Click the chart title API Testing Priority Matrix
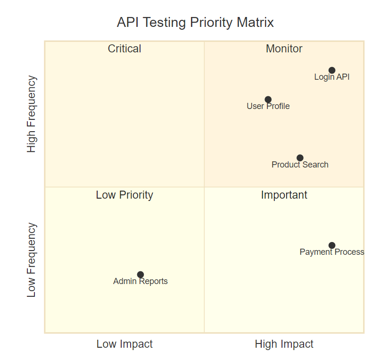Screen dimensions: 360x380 (x=195, y=23)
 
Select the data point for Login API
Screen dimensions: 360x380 (x=332, y=70)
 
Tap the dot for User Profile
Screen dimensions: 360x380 (x=268, y=100)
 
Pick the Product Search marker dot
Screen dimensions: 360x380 (x=300, y=158)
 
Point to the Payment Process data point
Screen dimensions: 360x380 (x=332, y=245)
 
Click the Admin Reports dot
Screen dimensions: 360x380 (x=140, y=275)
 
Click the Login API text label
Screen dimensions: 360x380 (x=332, y=77)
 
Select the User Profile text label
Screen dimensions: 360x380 (x=268, y=106)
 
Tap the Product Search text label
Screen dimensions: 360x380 (x=300, y=165)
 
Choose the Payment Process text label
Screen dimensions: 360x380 (x=332, y=252)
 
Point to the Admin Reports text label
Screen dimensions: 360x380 (x=140, y=282)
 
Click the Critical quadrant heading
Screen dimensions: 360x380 (x=124, y=49)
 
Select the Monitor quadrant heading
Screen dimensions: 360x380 (x=284, y=49)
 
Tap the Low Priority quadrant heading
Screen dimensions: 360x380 (x=124, y=195)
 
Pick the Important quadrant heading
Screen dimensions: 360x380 (x=284, y=195)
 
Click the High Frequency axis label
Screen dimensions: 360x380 (x=32, y=114)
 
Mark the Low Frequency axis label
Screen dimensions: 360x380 (x=32, y=260)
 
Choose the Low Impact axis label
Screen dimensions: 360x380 (x=124, y=344)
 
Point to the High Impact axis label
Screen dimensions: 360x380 (x=284, y=344)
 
